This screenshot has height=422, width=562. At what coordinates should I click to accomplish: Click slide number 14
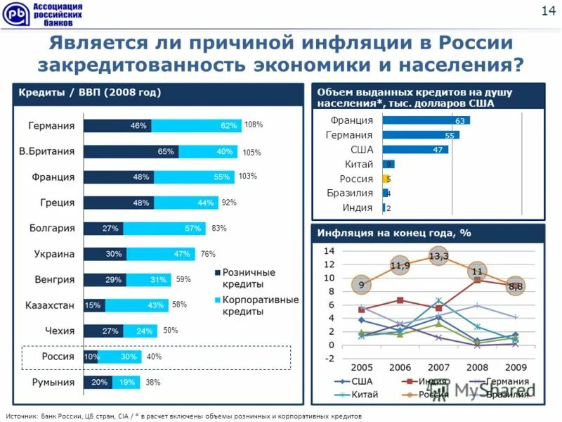(547, 10)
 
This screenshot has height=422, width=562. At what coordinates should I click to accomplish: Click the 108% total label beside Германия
(254, 125)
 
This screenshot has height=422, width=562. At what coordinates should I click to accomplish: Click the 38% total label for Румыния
(153, 383)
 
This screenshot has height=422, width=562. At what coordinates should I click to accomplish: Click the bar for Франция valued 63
(426, 121)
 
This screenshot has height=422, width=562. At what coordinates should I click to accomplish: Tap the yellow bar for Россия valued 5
(386, 179)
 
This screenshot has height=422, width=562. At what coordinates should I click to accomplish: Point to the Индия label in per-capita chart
(358, 207)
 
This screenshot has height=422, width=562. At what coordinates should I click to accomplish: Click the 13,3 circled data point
(438, 255)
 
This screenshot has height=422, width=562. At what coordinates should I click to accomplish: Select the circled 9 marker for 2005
(361, 285)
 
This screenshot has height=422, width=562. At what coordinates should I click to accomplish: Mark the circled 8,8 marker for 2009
(516, 286)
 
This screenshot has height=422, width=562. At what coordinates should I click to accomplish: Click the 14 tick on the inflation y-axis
(329, 251)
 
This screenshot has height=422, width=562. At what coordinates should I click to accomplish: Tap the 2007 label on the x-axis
(438, 367)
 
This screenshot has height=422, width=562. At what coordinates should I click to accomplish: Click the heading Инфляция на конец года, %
(393, 233)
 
